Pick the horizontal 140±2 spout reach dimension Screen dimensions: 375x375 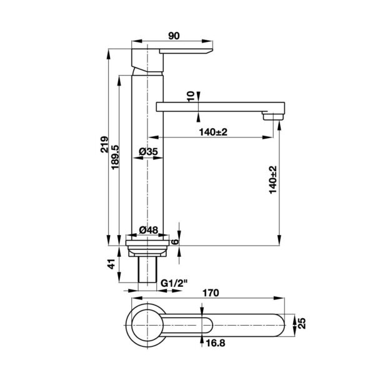213,131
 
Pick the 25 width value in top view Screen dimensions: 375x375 302,322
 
